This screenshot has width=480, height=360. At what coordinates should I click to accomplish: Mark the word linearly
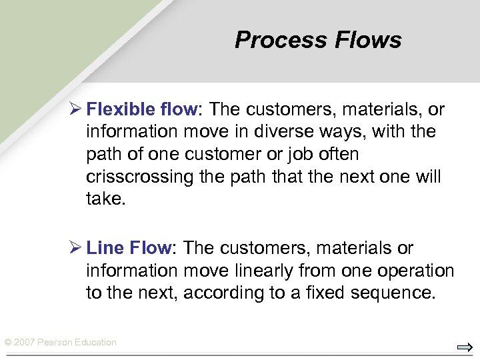272,271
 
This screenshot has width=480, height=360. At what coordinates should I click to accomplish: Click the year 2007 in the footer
24,343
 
